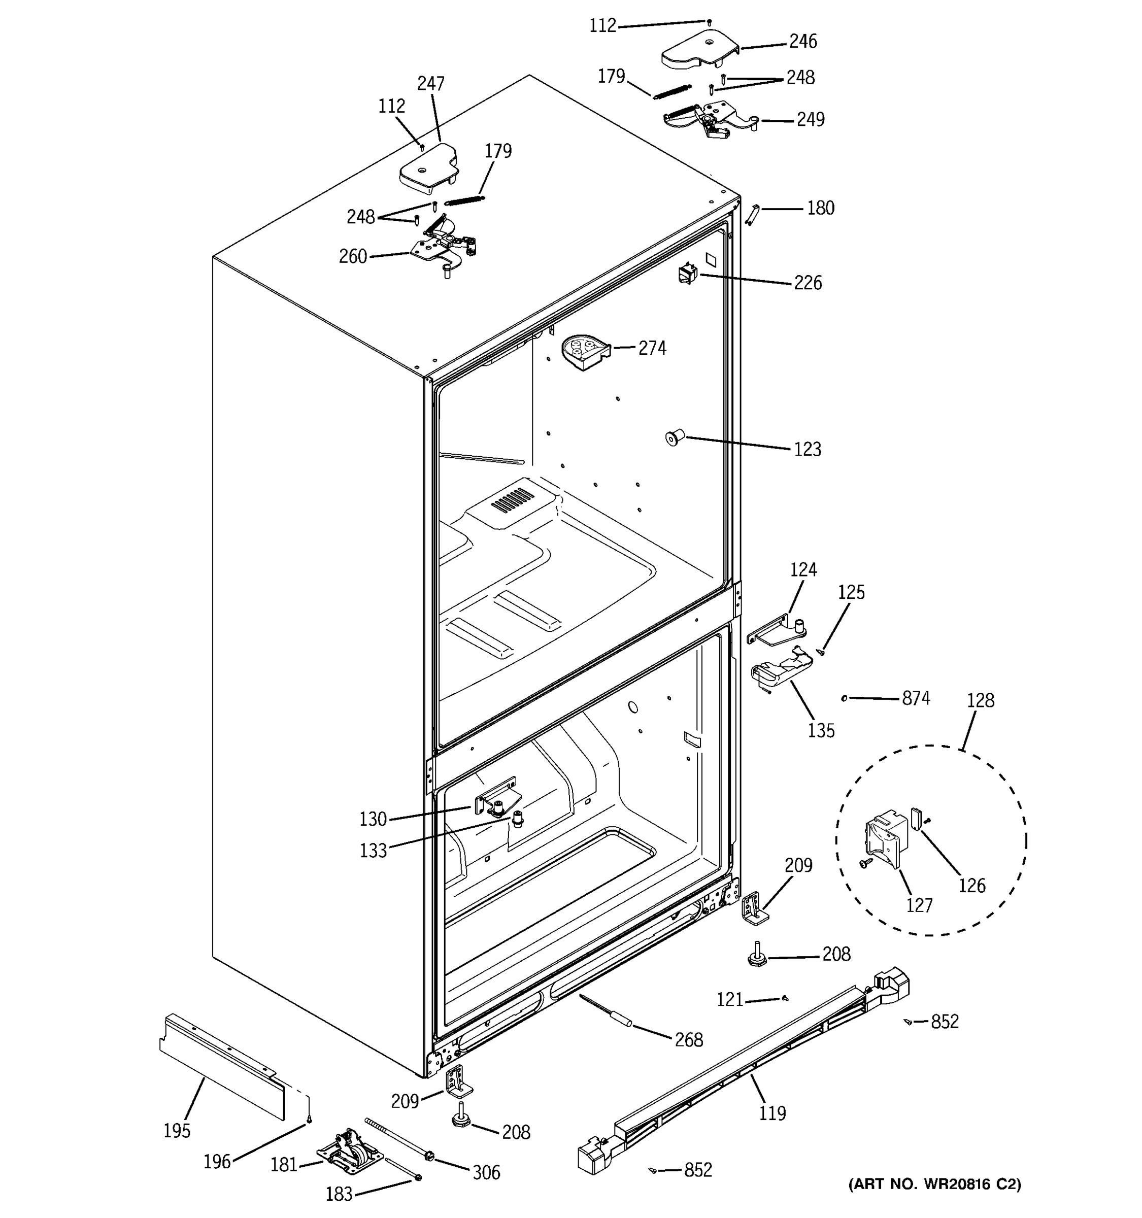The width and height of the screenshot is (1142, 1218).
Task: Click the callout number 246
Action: pyautogui.click(x=802, y=42)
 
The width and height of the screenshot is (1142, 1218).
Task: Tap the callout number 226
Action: pyautogui.click(x=808, y=283)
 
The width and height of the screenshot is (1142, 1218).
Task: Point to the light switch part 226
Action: pyautogui.click(x=687, y=273)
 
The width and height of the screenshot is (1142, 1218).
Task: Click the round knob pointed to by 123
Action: pyautogui.click(x=674, y=438)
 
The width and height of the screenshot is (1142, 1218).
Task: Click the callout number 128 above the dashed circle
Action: pyautogui.click(x=980, y=700)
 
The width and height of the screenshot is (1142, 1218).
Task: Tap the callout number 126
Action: pyautogui.click(x=971, y=885)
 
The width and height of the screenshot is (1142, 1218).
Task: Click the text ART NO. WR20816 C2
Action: pyautogui.click(x=934, y=1185)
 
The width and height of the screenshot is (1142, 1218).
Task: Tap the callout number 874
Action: pyautogui.click(x=916, y=698)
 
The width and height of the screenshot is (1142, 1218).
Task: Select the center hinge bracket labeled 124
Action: pyautogui.click(x=778, y=632)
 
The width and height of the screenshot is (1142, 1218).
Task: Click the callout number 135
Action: pyautogui.click(x=821, y=731)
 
